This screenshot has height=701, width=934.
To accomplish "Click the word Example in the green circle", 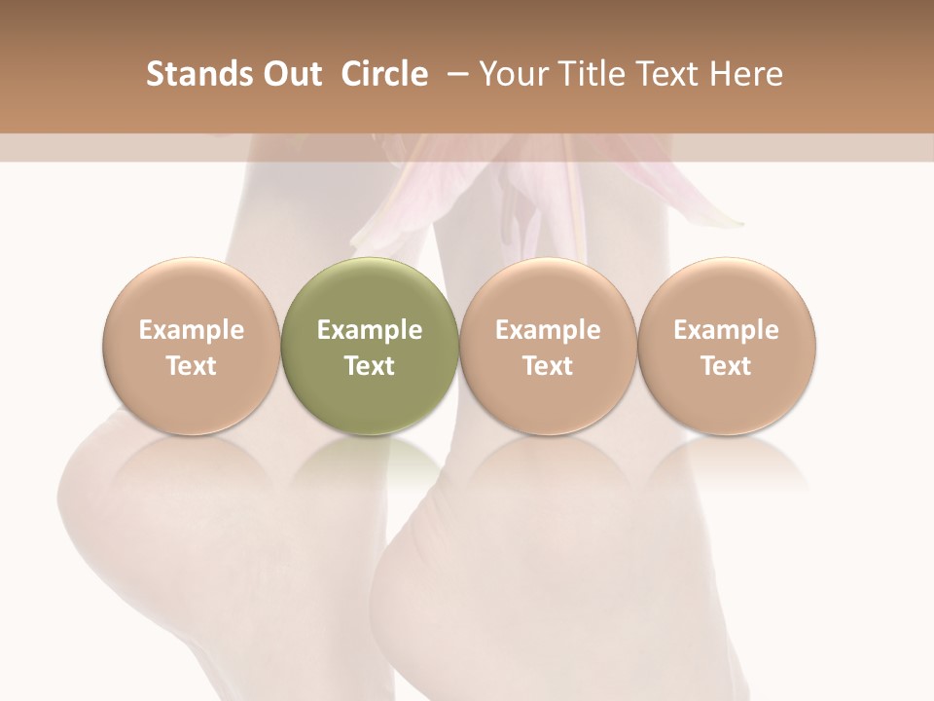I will point(370,330).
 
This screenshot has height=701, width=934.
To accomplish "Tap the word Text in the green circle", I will point(370,366).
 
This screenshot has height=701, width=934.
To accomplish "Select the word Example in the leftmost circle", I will point(191,330).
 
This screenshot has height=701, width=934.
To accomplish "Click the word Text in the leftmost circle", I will point(191,366).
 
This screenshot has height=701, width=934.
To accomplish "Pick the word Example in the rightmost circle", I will point(727,330).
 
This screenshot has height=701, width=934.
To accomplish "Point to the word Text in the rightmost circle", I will point(727,366).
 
